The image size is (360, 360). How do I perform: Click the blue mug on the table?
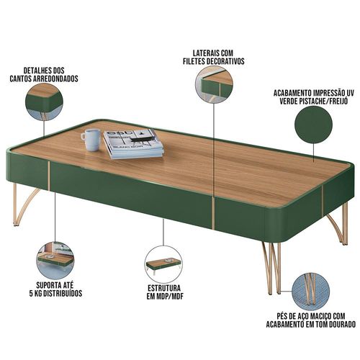point(91,140)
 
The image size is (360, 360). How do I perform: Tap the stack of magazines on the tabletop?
point(134,144)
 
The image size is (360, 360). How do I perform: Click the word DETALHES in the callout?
point(35,71)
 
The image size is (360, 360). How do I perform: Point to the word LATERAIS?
point(204,53)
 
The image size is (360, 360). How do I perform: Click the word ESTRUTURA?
point(164,288)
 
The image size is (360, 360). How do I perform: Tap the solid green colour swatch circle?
point(314,125)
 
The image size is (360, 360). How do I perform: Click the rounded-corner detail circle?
point(45,102)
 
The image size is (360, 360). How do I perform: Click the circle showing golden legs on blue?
point(310,292)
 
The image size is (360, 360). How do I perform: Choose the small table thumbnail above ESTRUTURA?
point(163,264)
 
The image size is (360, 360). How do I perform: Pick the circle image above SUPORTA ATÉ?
point(55,261)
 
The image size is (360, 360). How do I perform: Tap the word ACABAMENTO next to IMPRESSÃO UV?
point(292,93)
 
